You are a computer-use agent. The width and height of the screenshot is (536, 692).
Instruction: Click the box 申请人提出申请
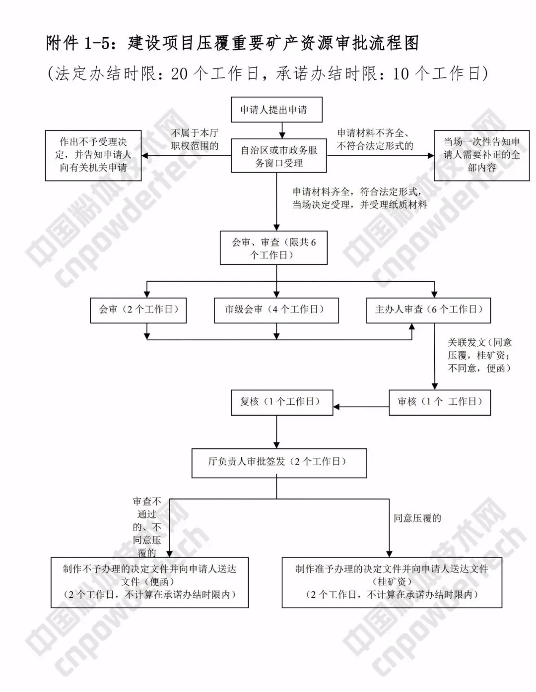pyautogui.click(x=276, y=110)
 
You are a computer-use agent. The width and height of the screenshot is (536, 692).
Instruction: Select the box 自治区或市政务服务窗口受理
pyautogui.click(x=279, y=156)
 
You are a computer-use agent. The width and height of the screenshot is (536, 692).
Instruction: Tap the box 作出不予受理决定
pyautogui.click(x=93, y=155)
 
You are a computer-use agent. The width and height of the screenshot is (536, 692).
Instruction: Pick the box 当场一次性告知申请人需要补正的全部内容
pyautogui.click(x=481, y=155)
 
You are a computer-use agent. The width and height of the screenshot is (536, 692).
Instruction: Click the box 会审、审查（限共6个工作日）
pyautogui.click(x=273, y=249)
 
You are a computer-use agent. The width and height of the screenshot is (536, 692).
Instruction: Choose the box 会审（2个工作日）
pyautogui.click(x=138, y=310)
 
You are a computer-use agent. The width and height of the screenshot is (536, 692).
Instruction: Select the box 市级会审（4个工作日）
pyautogui.click(x=276, y=310)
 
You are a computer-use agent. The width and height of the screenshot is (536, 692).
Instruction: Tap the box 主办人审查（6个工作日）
pyautogui.click(x=428, y=310)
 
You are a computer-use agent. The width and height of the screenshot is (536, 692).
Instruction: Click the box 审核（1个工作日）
pyautogui.click(x=439, y=402)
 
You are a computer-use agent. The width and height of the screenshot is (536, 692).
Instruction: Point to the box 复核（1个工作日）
pyautogui.click(x=282, y=402)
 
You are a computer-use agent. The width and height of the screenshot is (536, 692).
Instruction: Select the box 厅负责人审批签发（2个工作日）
pyautogui.click(x=279, y=462)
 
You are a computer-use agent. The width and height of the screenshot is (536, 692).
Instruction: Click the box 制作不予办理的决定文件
pyautogui.click(x=149, y=582)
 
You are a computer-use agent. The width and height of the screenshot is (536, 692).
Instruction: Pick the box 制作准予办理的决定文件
pyautogui.click(x=392, y=582)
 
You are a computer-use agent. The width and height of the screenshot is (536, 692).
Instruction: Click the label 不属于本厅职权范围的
pyautogui.click(x=195, y=139)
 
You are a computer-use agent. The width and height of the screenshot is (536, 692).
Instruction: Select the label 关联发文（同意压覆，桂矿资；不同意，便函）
pyautogui.click(x=479, y=355)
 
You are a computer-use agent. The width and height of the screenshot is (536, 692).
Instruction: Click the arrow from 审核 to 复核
pyautogui.click(x=361, y=407)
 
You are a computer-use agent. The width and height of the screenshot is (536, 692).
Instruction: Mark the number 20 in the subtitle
pyautogui.click(x=179, y=74)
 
